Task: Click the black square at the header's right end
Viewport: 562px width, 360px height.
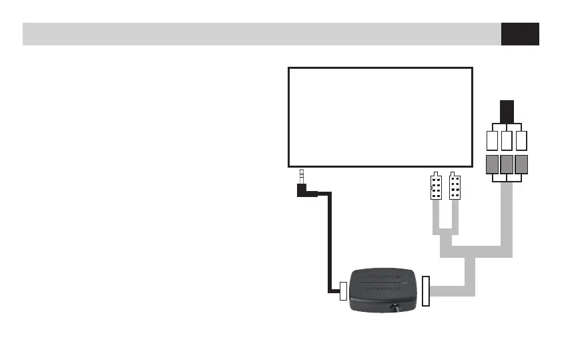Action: [x=520, y=34]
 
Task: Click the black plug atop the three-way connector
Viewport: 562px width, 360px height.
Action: [x=507, y=111]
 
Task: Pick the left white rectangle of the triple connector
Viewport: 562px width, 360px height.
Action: [x=493, y=140]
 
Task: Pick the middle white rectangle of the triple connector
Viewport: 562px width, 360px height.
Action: [x=507, y=140]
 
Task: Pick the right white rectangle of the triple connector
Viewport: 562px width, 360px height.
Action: [x=522, y=140]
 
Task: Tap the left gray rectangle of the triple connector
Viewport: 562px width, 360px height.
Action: [x=493, y=164]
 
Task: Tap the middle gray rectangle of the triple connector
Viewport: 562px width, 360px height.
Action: [x=507, y=164]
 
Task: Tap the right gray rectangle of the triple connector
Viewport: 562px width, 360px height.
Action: [x=522, y=164]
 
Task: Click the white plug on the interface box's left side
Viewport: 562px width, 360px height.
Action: [x=344, y=291]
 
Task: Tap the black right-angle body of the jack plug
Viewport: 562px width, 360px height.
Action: [x=304, y=192]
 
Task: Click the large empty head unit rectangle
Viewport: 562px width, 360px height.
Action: [x=380, y=116]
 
